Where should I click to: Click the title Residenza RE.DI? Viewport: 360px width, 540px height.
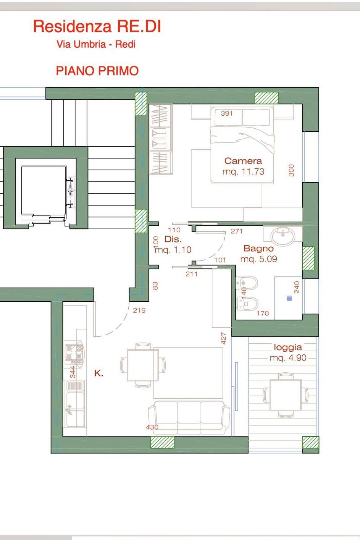click(x=97, y=26)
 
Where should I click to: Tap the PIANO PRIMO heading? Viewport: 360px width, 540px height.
click(x=97, y=71)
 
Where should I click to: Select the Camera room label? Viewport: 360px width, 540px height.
click(x=243, y=161)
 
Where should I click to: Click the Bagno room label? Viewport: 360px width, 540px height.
click(x=258, y=248)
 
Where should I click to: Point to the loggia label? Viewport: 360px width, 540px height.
click(x=288, y=348)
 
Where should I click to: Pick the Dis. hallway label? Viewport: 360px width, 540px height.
click(x=173, y=239)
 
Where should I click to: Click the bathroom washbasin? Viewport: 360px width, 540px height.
click(x=283, y=235)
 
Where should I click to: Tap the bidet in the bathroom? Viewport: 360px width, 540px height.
click(x=247, y=283)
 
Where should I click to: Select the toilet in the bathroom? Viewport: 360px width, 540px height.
click(x=248, y=304)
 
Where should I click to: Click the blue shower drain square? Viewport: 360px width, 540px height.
click(x=289, y=298)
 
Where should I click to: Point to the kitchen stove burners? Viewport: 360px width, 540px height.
click(x=74, y=352)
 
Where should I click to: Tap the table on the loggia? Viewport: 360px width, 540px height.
click(x=286, y=395)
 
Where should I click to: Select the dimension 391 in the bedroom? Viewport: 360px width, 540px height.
click(x=226, y=113)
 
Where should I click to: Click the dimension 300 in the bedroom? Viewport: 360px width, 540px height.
click(x=291, y=170)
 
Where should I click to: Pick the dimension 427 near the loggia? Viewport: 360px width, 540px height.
click(x=223, y=338)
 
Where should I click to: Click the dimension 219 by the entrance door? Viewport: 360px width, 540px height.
click(x=139, y=310)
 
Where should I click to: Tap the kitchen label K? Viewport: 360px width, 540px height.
click(x=98, y=373)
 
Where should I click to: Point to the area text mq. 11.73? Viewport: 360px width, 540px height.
click(x=243, y=171)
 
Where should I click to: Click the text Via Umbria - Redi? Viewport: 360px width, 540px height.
click(x=96, y=44)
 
